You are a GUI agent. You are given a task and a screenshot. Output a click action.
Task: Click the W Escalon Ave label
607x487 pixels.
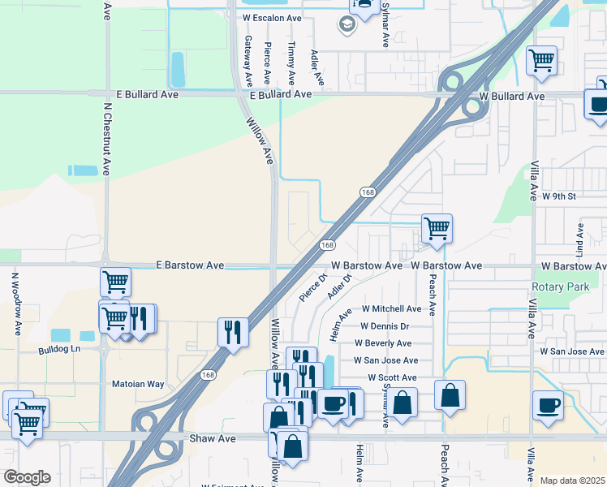point(271,18)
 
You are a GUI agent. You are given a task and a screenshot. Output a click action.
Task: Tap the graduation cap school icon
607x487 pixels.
point(347,24)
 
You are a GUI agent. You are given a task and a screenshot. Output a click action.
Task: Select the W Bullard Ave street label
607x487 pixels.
point(511,96)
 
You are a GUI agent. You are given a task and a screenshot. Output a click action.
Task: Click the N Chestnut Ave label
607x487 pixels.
point(106,138)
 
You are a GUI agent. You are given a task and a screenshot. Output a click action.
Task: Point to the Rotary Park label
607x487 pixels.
point(560,287)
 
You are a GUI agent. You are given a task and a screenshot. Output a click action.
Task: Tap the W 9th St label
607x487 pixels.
point(558,196)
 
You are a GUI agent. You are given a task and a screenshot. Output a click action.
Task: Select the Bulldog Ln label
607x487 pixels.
point(60,350)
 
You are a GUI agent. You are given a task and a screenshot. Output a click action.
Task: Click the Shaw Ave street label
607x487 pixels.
point(212,438)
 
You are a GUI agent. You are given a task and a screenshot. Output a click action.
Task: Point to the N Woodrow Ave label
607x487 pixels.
point(15,303)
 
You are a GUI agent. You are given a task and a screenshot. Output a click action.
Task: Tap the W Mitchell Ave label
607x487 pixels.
point(391,308)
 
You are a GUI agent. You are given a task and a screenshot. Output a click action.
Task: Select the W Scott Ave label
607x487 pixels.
point(392,377)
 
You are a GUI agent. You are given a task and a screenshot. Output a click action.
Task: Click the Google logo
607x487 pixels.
point(27,477)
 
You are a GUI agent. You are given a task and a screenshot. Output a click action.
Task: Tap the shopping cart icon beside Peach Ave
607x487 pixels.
point(437,228)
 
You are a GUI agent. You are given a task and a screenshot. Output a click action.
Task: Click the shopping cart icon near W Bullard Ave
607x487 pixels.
point(541,60)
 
